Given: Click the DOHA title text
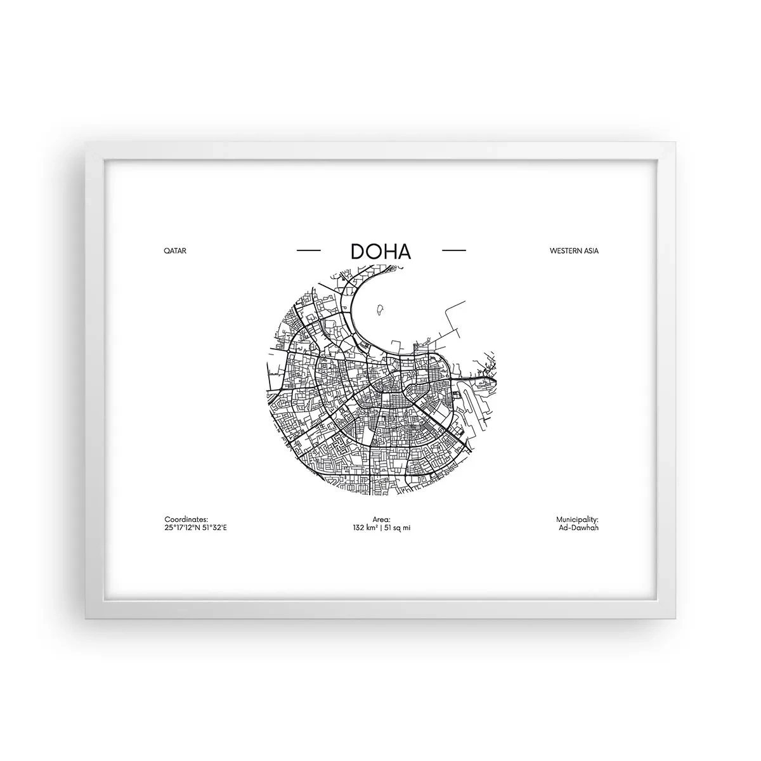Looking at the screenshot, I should click(x=380, y=250).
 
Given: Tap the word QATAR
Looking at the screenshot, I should click(x=175, y=250).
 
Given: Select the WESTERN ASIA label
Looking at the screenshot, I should click(x=574, y=250).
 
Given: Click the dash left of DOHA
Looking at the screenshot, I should click(x=309, y=250).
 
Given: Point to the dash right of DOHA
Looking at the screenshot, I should click(x=453, y=250).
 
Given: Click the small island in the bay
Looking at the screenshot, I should click(x=381, y=310).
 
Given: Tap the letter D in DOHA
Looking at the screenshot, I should click(x=357, y=251).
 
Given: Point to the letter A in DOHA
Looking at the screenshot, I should click(x=403, y=251).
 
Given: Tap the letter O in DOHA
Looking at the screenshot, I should click(x=372, y=251).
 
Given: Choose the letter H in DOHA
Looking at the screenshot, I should click(x=388, y=251).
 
